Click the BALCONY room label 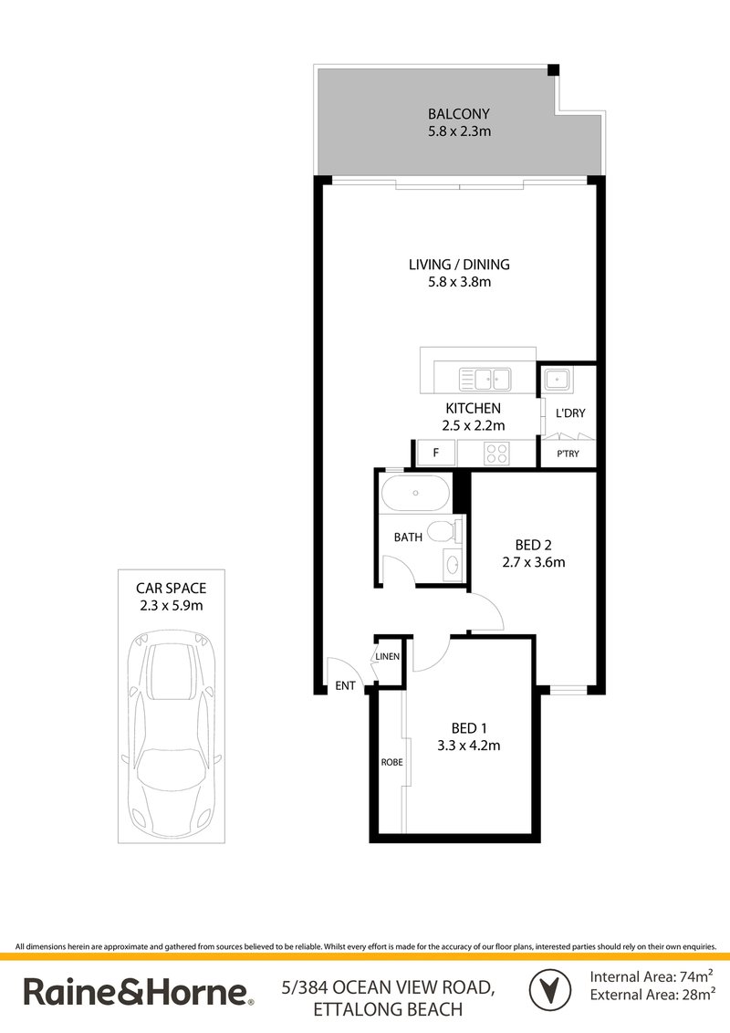pyautogui.click(x=459, y=114)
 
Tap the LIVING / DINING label pyautogui.click(x=459, y=265)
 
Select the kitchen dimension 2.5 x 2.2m pyautogui.click(x=474, y=424)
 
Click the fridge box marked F pyautogui.click(x=435, y=452)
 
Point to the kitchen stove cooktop pyautogui.click(x=495, y=452)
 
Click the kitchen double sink pyautogui.click(x=485, y=376)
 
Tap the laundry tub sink pyautogui.click(x=556, y=379)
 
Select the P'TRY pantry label pyautogui.click(x=568, y=454)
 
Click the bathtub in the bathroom pyautogui.click(x=416, y=495)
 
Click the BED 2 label pyautogui.click(x=534, y=545)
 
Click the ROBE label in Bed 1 pyautogui.click(x=392, y=761)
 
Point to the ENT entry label pyautogui.click(x=346, y=684)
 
